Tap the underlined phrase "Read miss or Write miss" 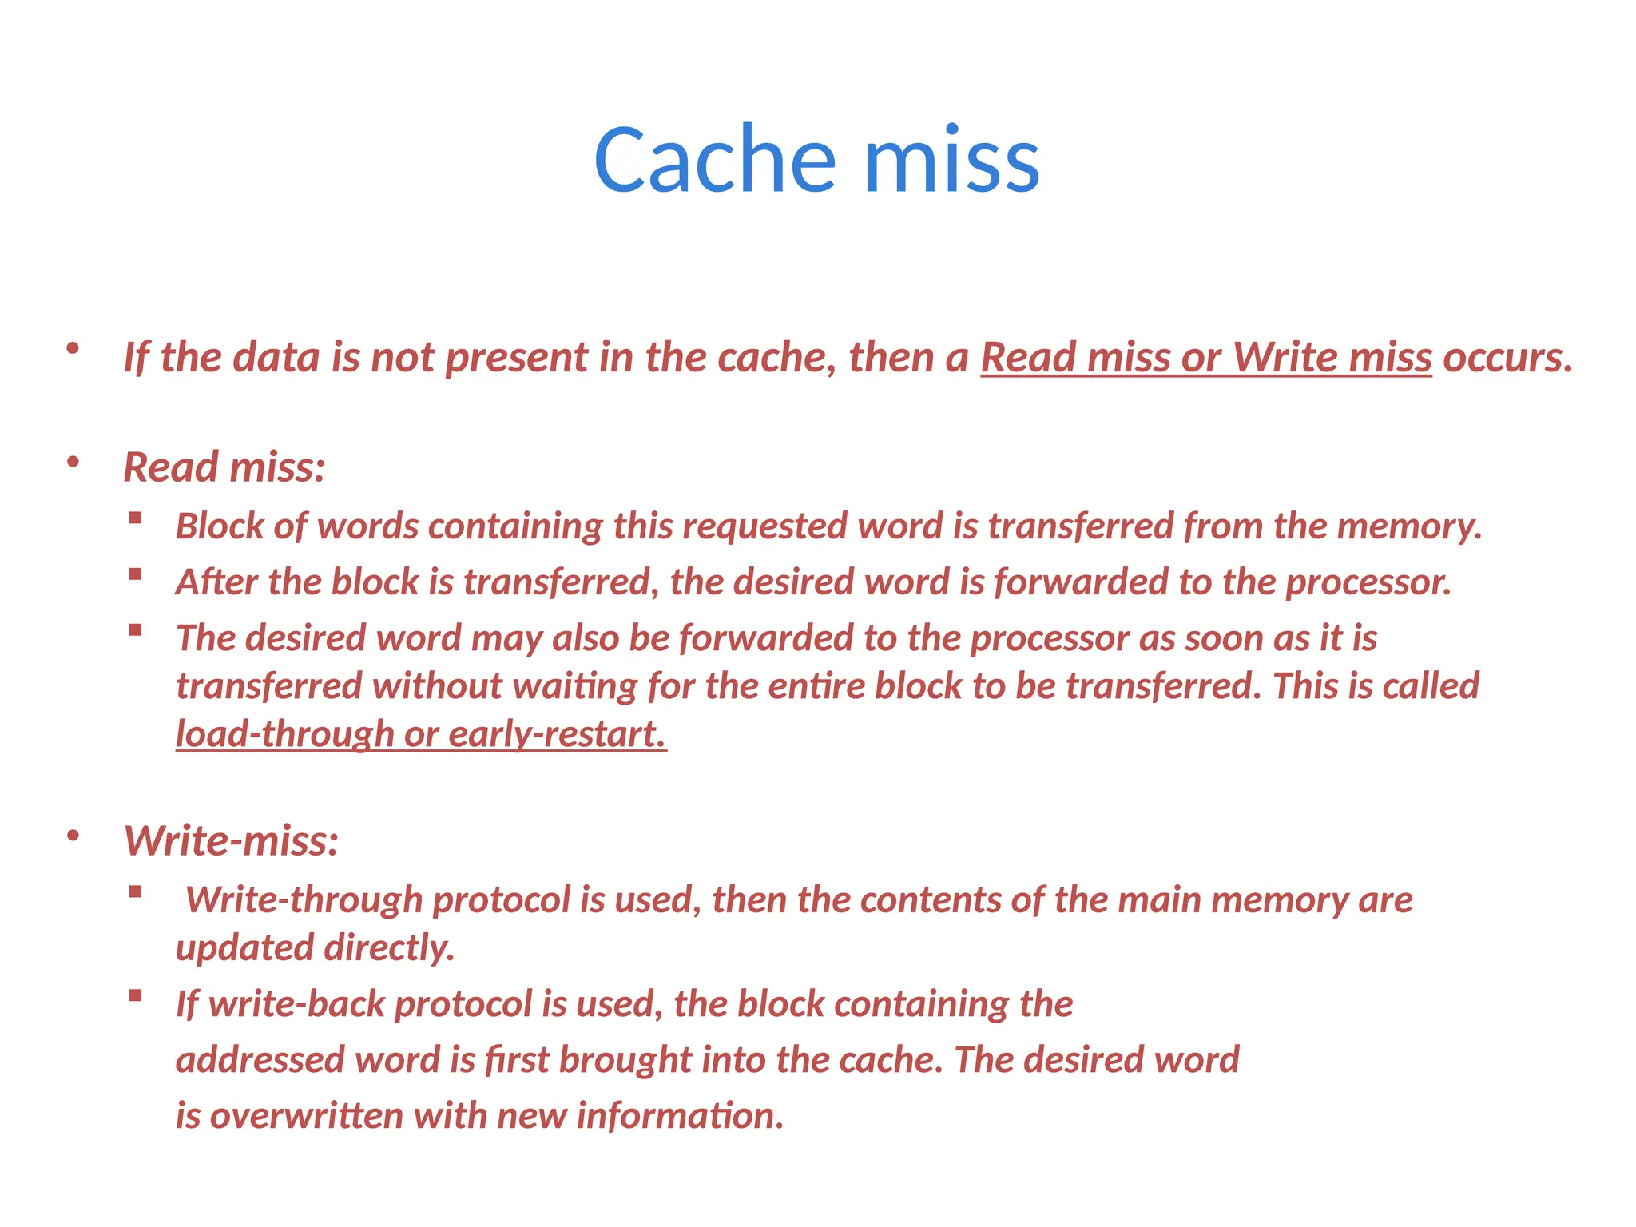[1205, 357]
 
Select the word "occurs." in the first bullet [1507, 357]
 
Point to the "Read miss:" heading [224, 467]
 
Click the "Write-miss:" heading [232, 840]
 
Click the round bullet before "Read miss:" [73, 462]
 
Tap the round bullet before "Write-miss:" [73, 836]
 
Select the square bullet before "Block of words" [135, 518]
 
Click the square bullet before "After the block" [135, 574]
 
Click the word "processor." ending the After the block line [1368, 582]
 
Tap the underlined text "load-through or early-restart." [421, 734]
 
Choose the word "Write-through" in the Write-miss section [304, 900]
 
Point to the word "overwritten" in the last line [306, 1116]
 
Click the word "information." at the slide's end [680, 1116]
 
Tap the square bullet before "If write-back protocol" [135, 995]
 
